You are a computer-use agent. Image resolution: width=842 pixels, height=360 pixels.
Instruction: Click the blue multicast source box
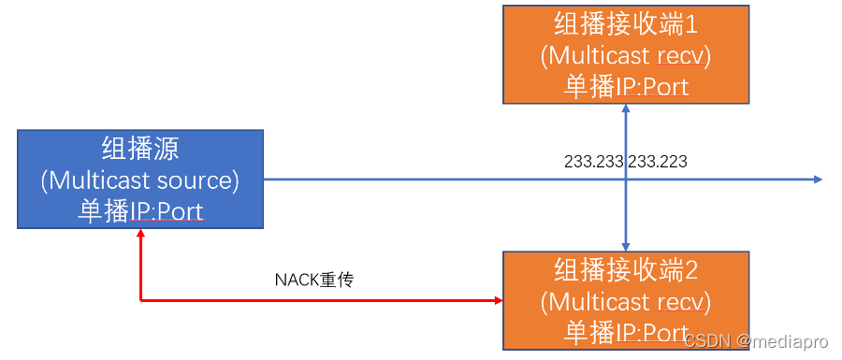(x=140, y=180)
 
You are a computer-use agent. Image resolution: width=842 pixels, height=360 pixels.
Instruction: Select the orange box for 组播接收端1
(x=626, y=54)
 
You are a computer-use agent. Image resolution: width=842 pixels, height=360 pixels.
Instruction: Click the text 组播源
(x=140, y=149)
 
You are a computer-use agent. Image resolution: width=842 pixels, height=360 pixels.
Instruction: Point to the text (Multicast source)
(x=140, y=180)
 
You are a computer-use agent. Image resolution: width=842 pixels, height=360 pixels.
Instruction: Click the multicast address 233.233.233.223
(x=626, y=162)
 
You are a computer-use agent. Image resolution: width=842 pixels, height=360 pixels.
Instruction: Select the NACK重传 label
(x=314, y=280)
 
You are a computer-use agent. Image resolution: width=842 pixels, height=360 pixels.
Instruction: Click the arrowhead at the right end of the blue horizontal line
(x=818, y=180)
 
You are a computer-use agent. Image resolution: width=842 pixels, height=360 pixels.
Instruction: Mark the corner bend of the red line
(x=140, y=300)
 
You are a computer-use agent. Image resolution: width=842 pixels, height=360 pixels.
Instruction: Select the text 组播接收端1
(x=626, y=23)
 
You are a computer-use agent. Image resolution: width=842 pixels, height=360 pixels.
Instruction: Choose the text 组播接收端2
(x=626, y=271)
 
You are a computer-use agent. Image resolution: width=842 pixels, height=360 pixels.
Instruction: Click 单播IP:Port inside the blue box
(x=140, y=210)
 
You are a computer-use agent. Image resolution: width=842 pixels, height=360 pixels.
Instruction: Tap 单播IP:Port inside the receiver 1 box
(x=626, y=87)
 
